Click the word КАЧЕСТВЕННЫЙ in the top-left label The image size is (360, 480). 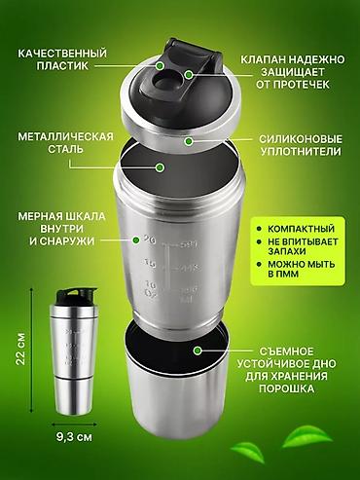59,51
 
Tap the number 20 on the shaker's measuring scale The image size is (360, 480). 148,240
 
